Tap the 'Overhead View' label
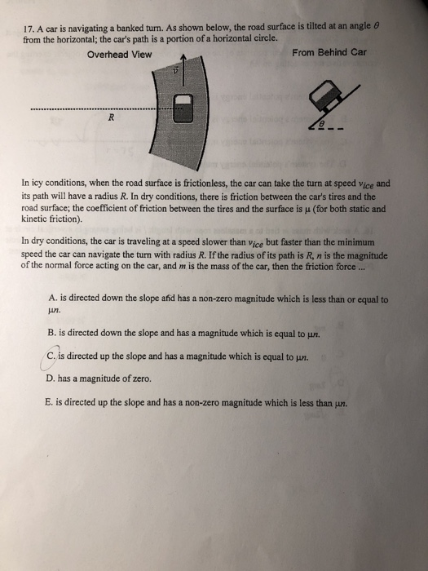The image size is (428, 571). point(119,55)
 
